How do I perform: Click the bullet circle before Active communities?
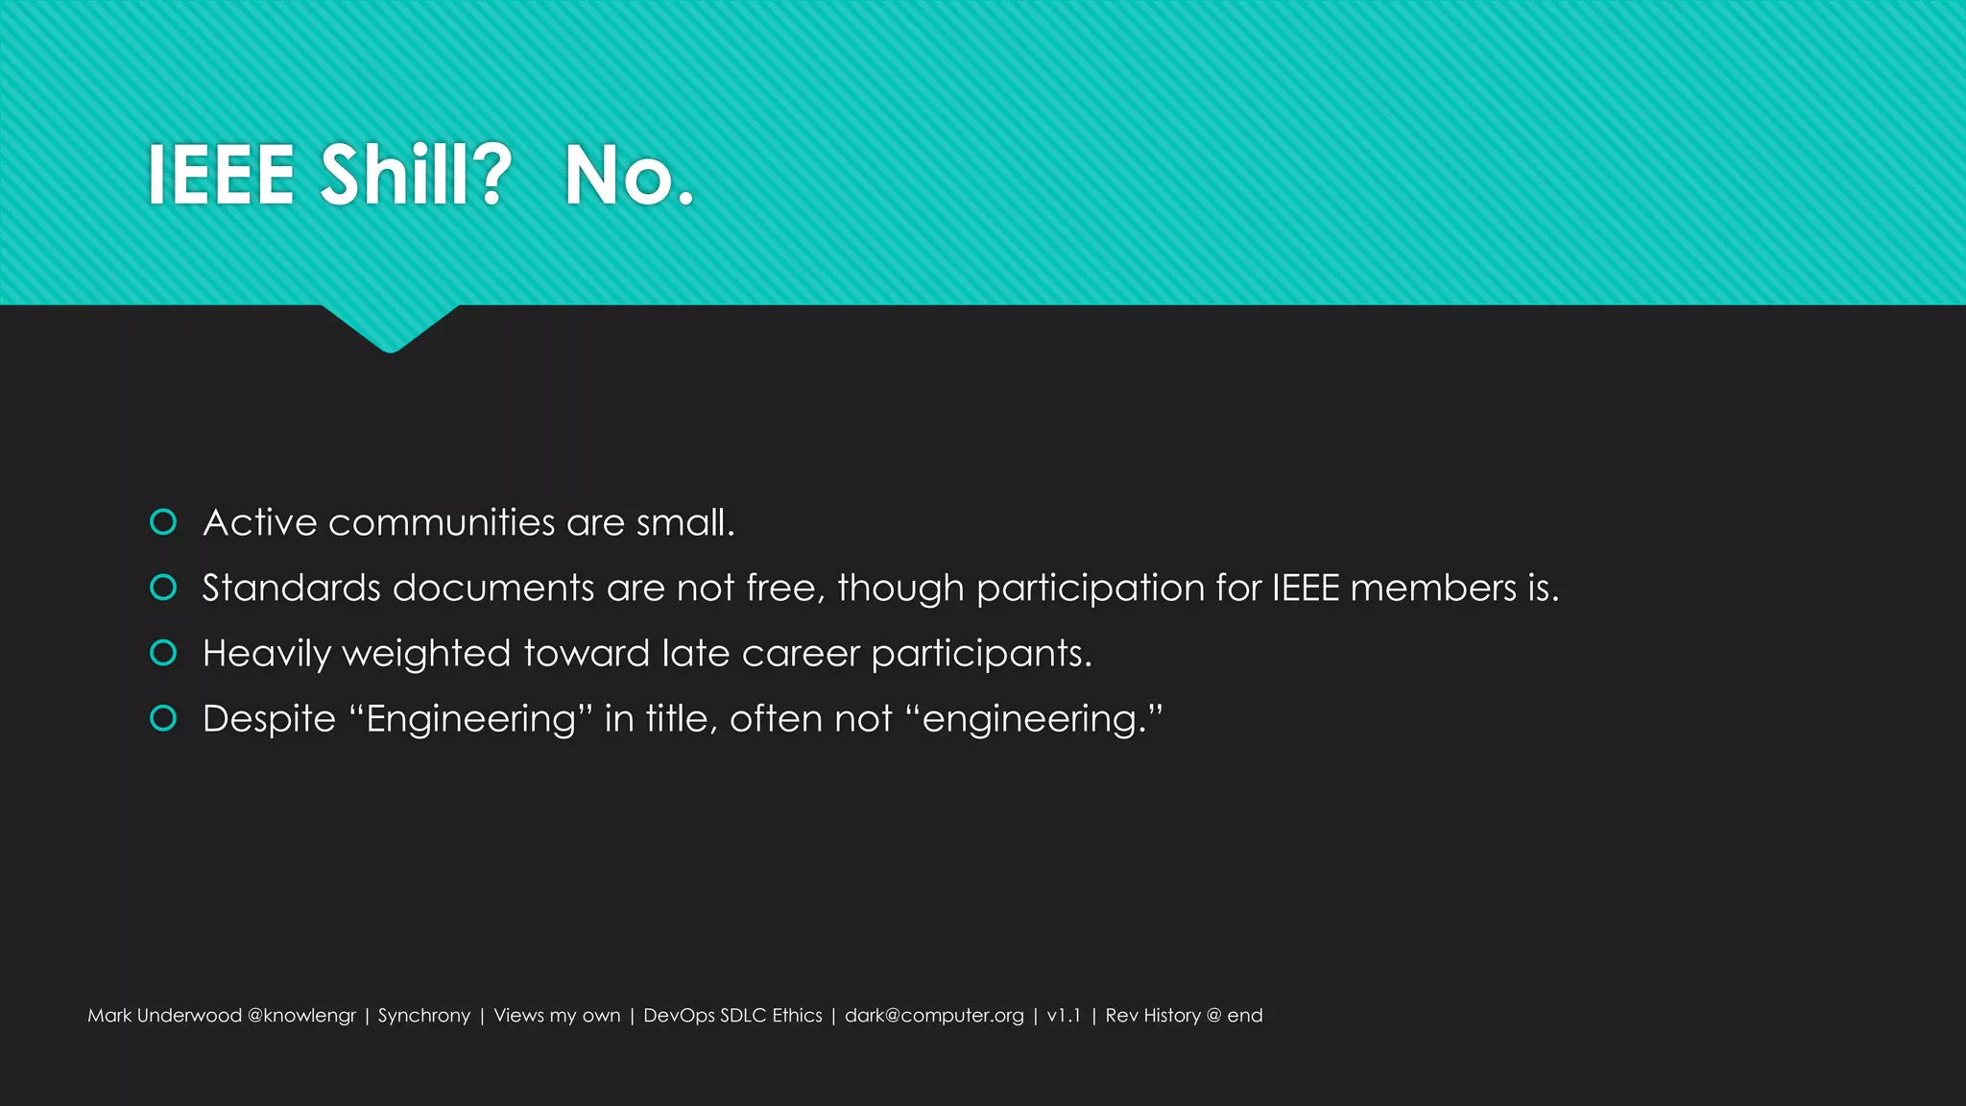[163, 522]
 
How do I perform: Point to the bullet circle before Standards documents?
[163, 588]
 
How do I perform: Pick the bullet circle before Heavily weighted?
[163, 653]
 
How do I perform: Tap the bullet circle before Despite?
[163, 718]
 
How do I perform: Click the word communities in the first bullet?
[442, 523]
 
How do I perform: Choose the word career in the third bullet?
[801, 654]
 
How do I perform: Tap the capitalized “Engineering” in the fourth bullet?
[470, 719]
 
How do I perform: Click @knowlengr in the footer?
[301, 1016]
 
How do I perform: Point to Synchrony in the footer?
[424, 1016]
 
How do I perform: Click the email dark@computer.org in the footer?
[934, 1016]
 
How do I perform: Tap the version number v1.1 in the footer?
[1064, 1016]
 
